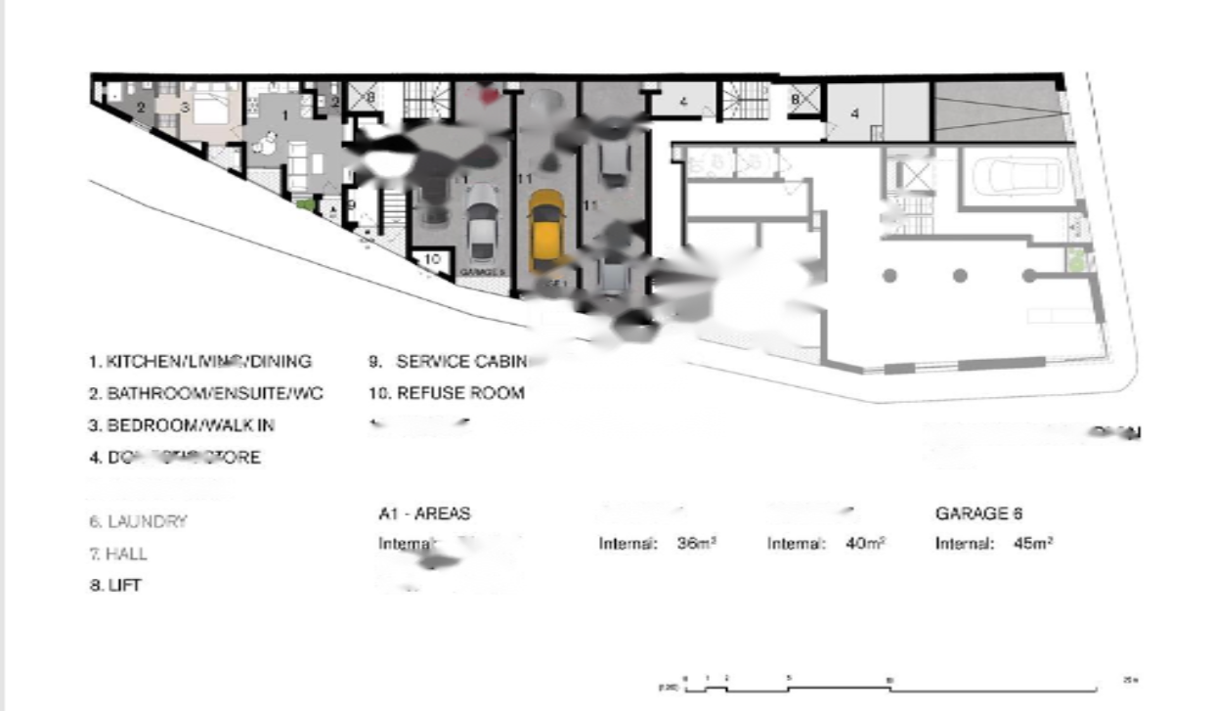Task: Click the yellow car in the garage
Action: (x=545, y=231)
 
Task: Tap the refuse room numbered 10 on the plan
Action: (x=431, y=261)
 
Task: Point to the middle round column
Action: (x=960, y=276)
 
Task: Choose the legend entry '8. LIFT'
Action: (x=115, y=586)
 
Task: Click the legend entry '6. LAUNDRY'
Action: (x=138, y=521)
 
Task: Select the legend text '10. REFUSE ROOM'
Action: (x=447, y=393)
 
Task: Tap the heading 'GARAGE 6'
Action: (x=978, y=512)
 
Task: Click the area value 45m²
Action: (x=1033, y=544)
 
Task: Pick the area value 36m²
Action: (x=697, y=544)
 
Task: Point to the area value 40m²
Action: (x=865, y=544)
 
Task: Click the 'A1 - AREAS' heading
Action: (x=423, y=513)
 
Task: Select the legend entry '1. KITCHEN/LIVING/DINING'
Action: (x=200, y=361)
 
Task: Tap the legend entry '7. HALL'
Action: (x=118, y=554)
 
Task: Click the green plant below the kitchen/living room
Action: (x=305, y=204)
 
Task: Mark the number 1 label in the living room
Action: (x=285, y=115)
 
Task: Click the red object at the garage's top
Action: (x=486, y=93)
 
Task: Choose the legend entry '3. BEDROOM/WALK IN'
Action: (x=181, y=425)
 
